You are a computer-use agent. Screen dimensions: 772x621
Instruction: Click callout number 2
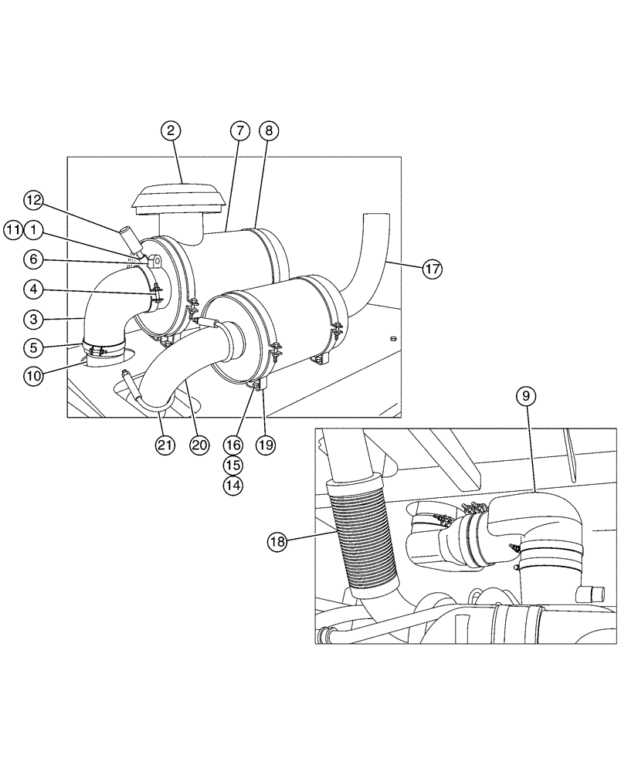[x=172, y=133]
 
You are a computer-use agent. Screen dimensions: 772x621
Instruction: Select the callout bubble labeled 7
[x=239, y=133]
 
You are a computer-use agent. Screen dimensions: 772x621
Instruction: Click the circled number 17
[x=433, y=268]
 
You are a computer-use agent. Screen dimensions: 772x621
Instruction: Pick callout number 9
[x=525, y=397]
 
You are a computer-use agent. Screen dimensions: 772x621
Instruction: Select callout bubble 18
[x=278, y=542]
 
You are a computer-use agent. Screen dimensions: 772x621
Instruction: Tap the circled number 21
[x=164, y=445]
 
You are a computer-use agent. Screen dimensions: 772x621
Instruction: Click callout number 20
[x=201, y=445]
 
